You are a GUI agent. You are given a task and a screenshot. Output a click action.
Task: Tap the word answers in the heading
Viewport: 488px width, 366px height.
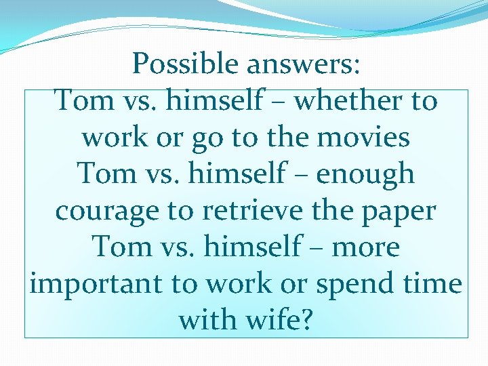click(302, 64)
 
